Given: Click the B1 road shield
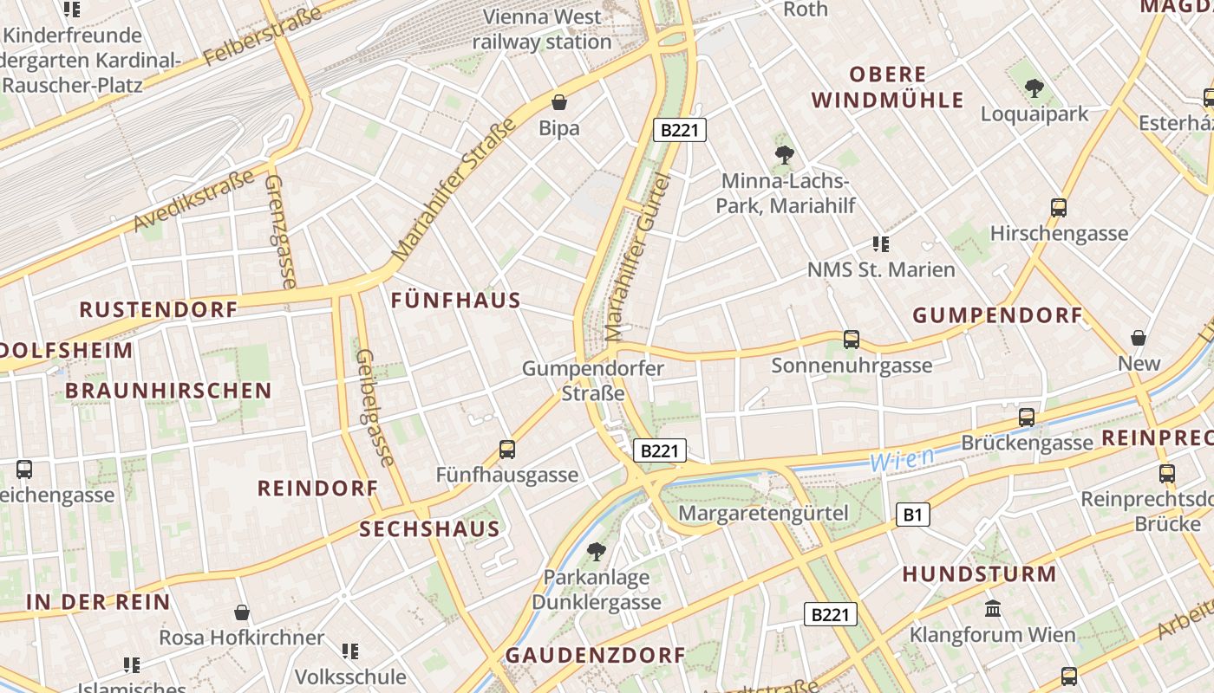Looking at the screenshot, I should click(x=912, y=515).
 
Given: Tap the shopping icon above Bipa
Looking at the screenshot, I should click(x=559, y=102).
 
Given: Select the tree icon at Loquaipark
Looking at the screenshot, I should click(x=1034, y=87).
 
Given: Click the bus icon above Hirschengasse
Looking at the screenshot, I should click(x=1059, y=208).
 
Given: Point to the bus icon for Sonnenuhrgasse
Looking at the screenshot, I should click(x=852, y=340).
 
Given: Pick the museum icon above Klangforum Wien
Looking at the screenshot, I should click(x=993, y=609).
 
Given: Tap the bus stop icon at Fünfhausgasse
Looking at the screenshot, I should click(x=507, y=450).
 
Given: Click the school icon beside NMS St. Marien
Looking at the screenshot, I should click(x=881, y=244).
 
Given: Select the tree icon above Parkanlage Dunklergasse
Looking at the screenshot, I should click(x=596, y=551).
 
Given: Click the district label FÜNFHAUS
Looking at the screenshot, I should click(x=456, y=301).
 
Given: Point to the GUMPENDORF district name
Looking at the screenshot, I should click(x=998, y=315).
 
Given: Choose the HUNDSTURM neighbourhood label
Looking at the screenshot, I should click(x=979, y=573).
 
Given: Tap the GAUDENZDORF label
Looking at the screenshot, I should click(x=595, y=655).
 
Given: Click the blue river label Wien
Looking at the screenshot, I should click(x=903, y=460).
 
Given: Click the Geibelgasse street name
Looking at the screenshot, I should click(x=375, y=407).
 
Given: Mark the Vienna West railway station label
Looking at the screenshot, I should click(x=542, y=29).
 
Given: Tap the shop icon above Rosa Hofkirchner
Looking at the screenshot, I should click(x=242, y=612).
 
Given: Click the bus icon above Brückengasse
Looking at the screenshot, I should click(x=1027, y=418).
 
